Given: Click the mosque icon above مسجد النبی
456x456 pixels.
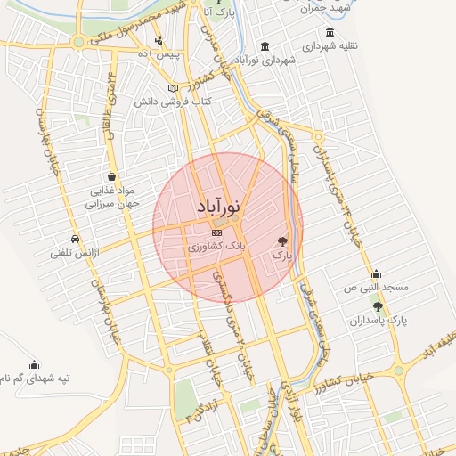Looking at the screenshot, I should [376, 274].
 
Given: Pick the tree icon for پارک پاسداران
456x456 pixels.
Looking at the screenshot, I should [377, 306].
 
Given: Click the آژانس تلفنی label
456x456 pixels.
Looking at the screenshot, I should [77, 254].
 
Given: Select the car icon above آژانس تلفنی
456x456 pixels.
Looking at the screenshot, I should [76, 240].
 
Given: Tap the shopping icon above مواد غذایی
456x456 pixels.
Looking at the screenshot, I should [110, 176].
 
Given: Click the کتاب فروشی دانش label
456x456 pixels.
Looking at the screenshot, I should [173, 102].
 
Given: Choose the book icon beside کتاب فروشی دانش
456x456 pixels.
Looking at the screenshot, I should [173, 88].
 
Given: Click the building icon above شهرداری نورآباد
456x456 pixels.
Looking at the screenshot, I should [265, 46].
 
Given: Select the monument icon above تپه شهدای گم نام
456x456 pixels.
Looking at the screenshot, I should [35, 363].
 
